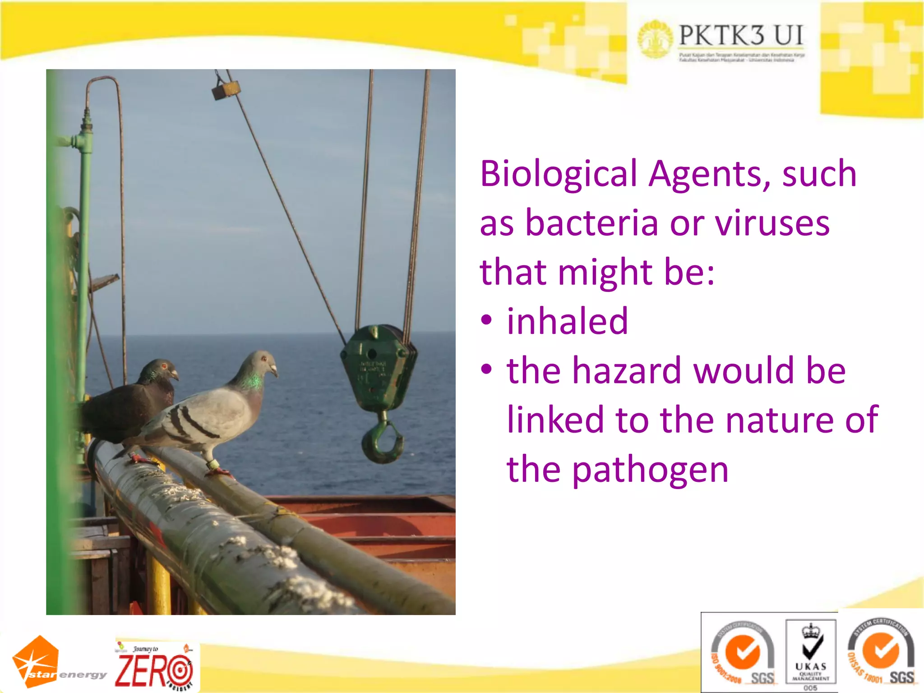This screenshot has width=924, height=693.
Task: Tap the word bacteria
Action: pos(592,223)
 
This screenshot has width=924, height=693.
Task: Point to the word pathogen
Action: pos(650,471)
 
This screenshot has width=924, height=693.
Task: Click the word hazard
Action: pos(627,371)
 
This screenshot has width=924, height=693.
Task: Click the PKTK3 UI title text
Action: pos(741,36)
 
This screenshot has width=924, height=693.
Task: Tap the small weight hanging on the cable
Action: pos(226,90)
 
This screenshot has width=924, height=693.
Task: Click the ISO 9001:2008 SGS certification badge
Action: pos(742,653)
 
